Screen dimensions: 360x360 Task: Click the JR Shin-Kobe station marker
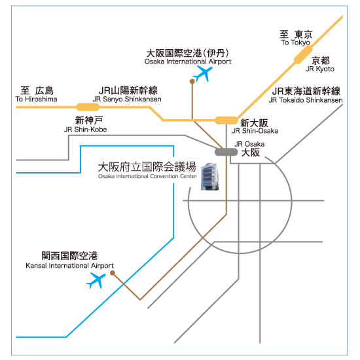[x=88, y=107]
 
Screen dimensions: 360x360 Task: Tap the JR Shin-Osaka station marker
[x=226, y=120]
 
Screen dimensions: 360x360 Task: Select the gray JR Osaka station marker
[x=226, y=152]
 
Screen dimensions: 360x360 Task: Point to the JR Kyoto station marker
[x=303, y=54]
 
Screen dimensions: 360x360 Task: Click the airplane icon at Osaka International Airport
[x=202, y=74]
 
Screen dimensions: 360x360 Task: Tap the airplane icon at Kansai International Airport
[x=96, y=280]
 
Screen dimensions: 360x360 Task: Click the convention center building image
[x=209, y=177]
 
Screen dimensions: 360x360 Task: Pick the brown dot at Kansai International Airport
[x=113, y=273]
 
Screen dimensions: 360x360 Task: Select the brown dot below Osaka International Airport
[x=192, y=81]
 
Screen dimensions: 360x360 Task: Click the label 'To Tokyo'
[x=295, y=43]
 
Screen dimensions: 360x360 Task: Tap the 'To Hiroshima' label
[x=36, y=99]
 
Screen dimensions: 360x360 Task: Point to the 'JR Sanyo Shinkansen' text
[x=127, y=99]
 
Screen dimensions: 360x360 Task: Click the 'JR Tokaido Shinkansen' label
[x=306, y=100]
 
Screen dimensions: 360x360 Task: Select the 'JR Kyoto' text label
[x=320, y=69]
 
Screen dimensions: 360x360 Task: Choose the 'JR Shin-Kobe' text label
[x=85, y=130]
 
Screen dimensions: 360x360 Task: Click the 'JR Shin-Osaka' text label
[x=255, y=131]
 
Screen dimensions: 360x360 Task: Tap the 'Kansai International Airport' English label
[x=69, y=266]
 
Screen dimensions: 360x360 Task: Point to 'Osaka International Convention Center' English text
[x=147, y=176]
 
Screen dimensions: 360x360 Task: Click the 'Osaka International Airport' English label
[x=188, y=62]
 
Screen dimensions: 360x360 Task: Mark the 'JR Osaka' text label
[x=249, y=144]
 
